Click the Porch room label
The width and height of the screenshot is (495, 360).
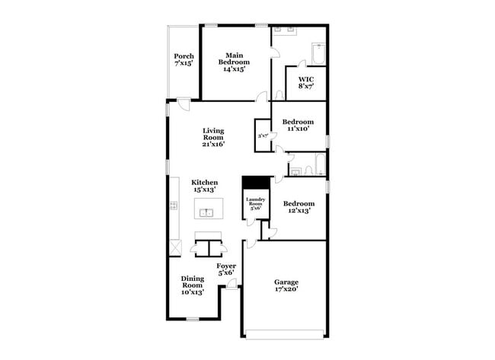pyautogui.click(x=184, y=56)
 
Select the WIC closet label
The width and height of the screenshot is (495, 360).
pyautogui.click(x=305, y=79)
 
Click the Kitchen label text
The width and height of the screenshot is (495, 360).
pyautogui.click(x=205, y=183)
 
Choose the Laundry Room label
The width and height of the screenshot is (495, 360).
pyautogui.click(x=254, y=203)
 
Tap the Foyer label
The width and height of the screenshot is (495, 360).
pyautogui.click(x=225, y=266)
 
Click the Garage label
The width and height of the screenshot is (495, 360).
pyautogui.click(x=286, y=282)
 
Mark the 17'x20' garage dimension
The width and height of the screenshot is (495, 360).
pyautogui.click(x=286, y=289)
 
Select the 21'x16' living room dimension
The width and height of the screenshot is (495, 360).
pyautogui.click(x=212, y=144)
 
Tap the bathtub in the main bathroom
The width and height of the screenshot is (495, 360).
pyautogui.click(x=318, y=56)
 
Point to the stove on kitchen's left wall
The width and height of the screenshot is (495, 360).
pyautogui.click(x=174, y=205)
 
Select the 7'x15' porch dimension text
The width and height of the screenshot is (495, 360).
pyautogui.click(x=184, y=64)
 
